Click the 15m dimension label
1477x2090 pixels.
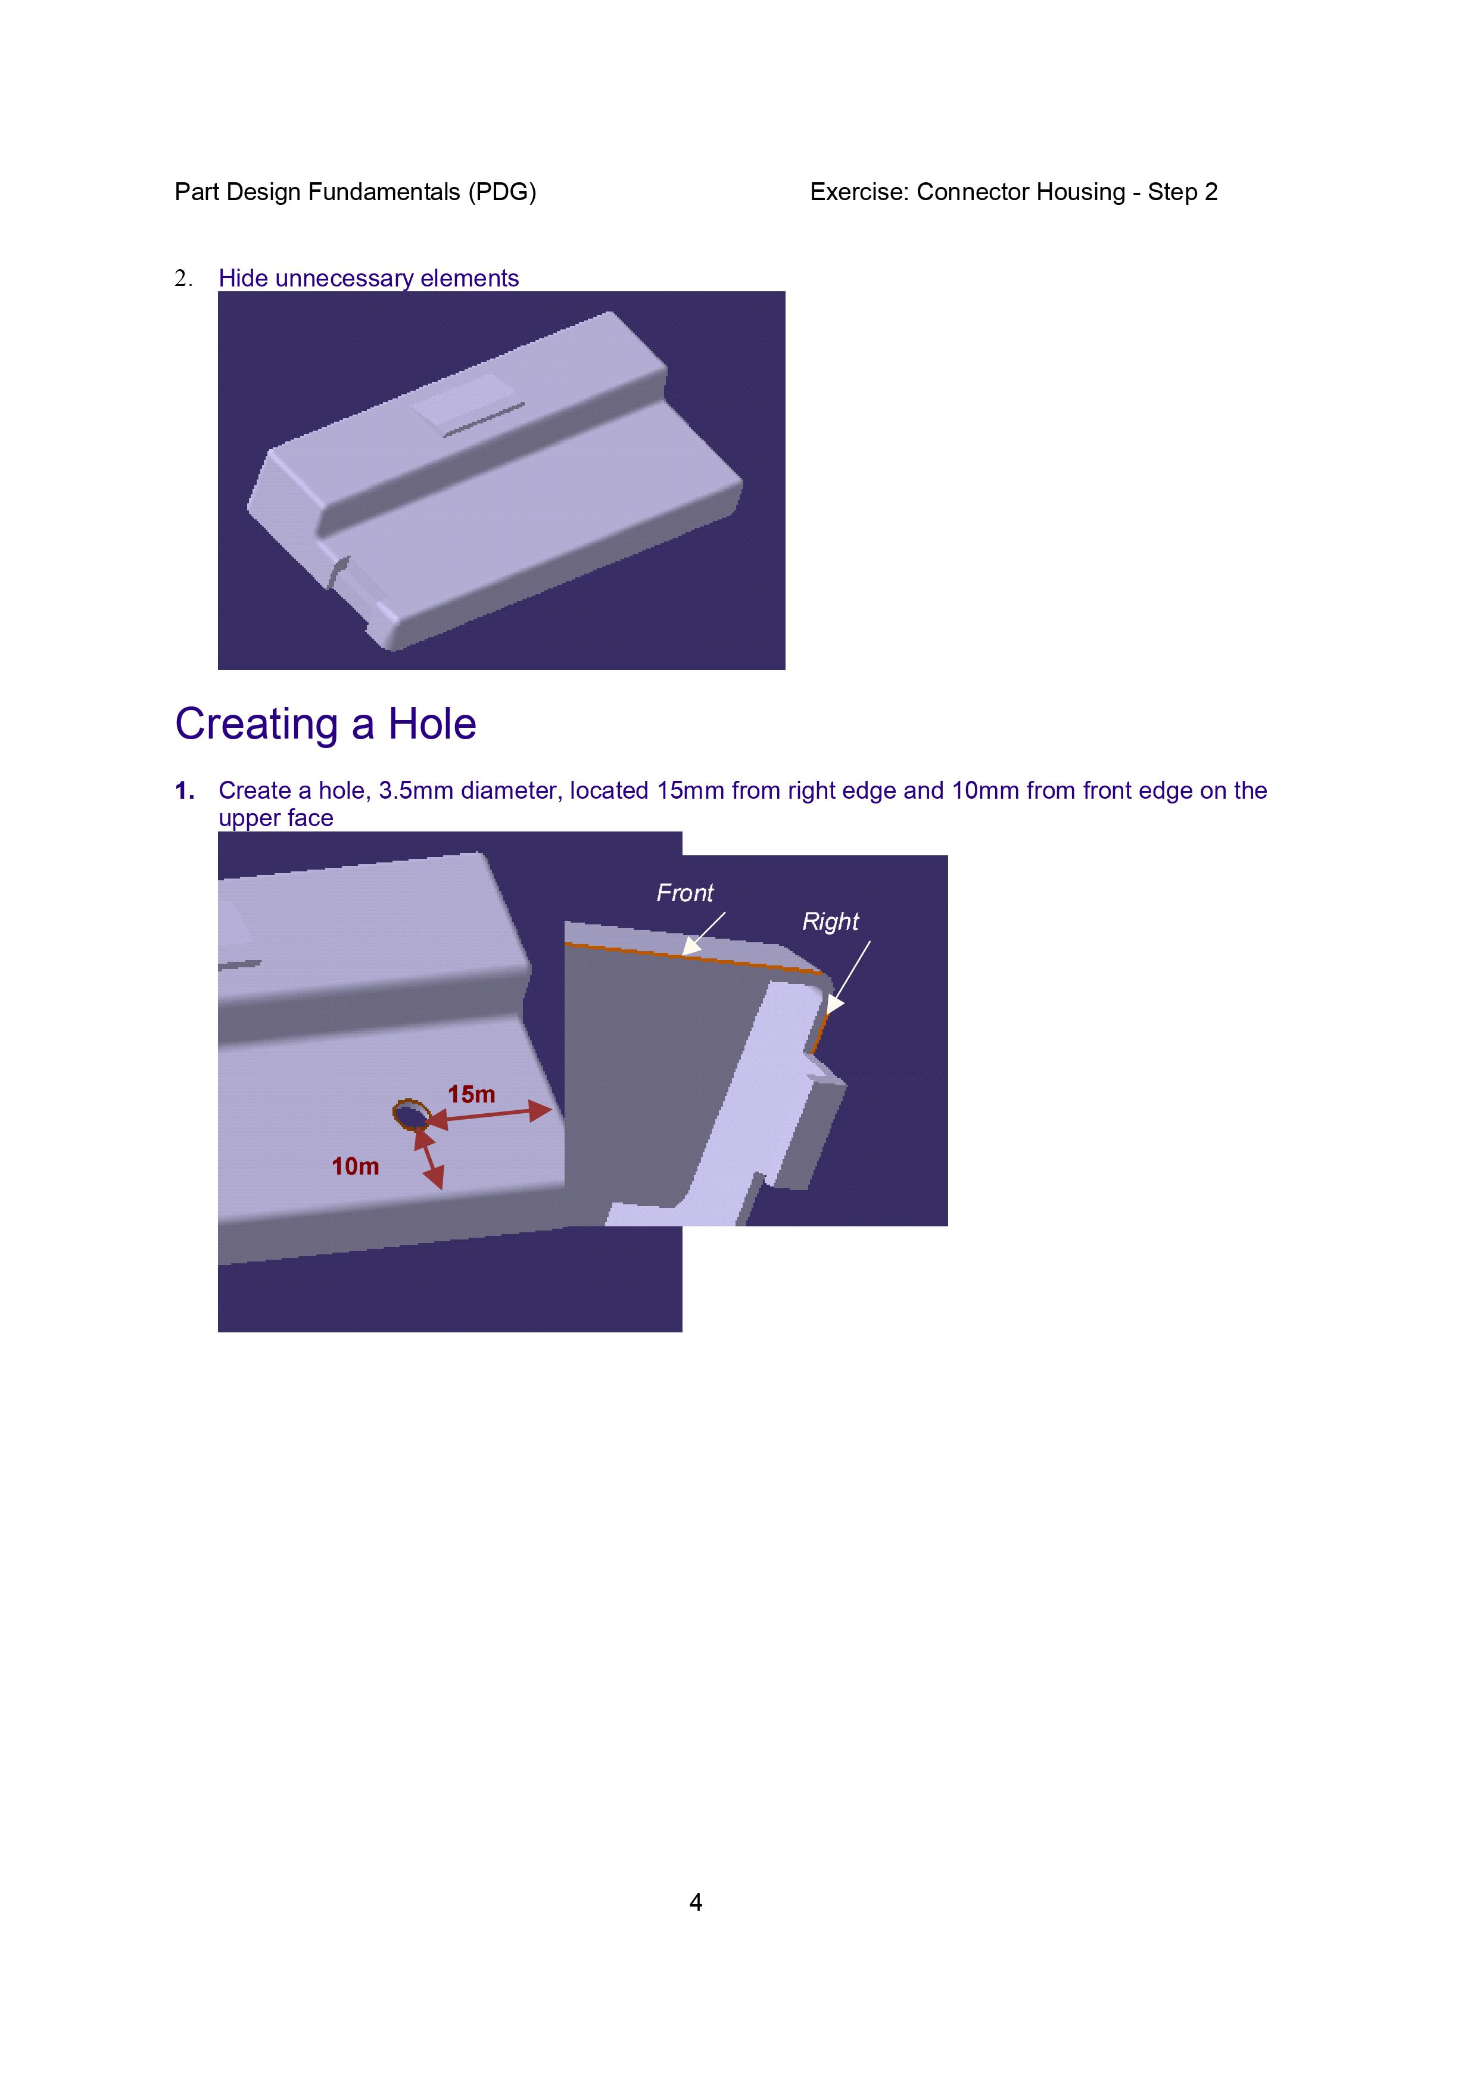472,1094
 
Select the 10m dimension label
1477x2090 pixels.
355,1166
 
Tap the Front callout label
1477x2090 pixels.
685,893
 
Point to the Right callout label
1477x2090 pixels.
830,922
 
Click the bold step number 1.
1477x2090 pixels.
185,790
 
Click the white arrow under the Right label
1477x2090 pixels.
848,977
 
